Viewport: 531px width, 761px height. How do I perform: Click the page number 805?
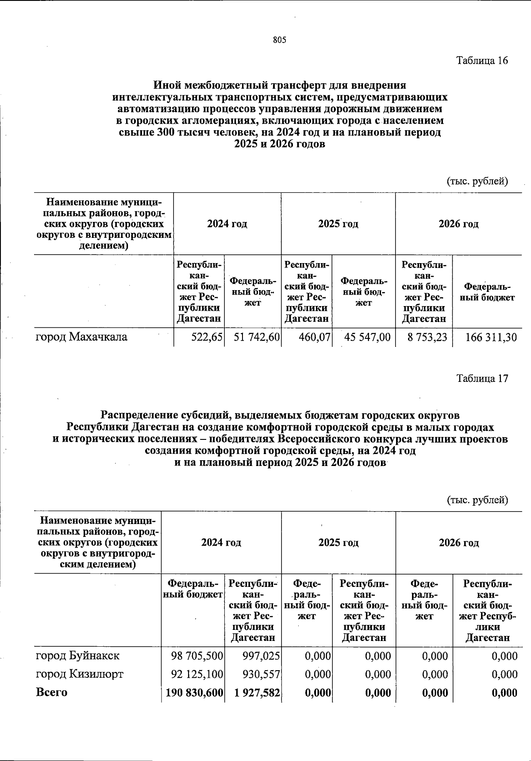pos(280,40)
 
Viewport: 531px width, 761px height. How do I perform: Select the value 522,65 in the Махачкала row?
pos(207,338)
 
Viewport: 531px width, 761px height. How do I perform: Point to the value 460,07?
pos(315,338)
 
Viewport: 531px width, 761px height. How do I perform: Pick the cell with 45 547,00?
pos(367,338)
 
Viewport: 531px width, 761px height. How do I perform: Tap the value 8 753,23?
pos(427,338)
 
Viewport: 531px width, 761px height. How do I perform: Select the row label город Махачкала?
pos(81,337)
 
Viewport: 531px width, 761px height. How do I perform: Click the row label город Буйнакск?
pos(77,655)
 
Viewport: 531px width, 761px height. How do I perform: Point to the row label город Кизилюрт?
pos(80,674)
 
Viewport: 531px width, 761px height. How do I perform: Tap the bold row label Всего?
pos(51,692)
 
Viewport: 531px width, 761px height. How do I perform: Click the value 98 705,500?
pos(197,656)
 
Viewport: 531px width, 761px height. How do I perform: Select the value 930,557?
pos(261,675)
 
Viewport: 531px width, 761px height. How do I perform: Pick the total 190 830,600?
pos(194,693)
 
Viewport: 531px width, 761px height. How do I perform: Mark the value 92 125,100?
pos(197,675)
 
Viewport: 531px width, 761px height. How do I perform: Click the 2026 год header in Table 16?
pos(458,224)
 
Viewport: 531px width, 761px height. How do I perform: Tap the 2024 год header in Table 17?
pos(221,543)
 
